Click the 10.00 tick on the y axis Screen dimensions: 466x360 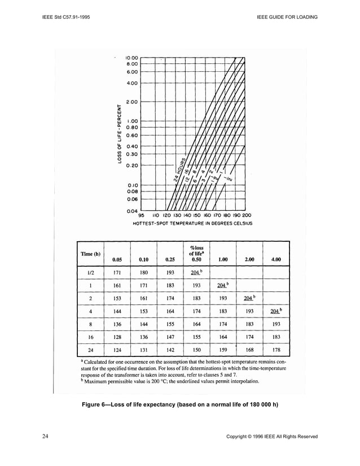click(x=130, y=57)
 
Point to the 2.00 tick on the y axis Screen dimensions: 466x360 click(x=131, y=102)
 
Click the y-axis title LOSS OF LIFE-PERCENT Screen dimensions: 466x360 click(x=120, y=134)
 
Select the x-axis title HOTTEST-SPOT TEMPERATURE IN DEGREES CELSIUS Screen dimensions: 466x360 click(x=192, y=224)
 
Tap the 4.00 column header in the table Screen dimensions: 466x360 click(x=276, y=260)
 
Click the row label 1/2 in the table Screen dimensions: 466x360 click(x=91, y=273)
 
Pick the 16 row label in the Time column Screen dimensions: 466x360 click(x=91, y=338)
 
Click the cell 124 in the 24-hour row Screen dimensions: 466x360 click(x=117, y=350)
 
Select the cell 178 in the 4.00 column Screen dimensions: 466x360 click(x=276, y=350)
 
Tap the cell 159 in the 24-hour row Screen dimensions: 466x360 click(x=223, y=350)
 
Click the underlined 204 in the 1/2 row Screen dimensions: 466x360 click(x=195, y=273)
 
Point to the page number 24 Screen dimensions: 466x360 click(x=45, y=436)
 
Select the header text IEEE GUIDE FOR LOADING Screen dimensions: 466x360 click(x=287, y=17)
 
